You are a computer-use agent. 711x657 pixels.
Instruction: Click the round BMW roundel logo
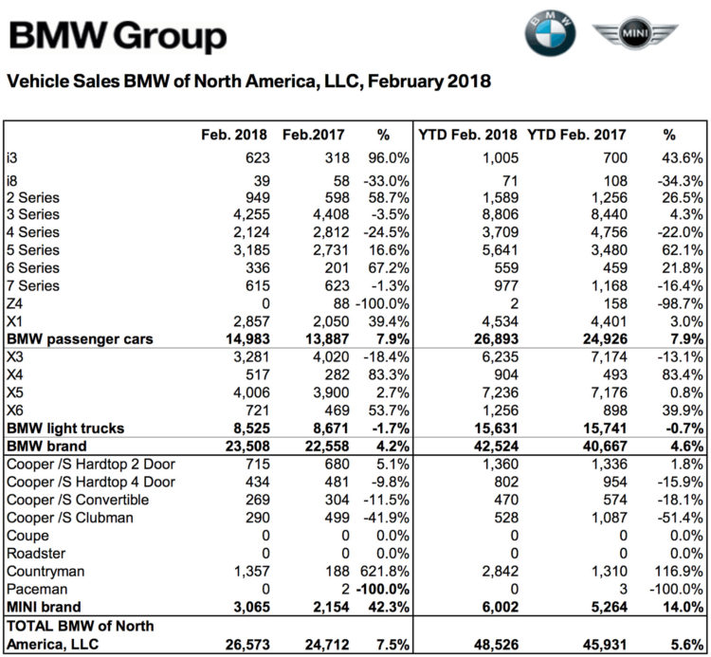click(x=550, y=32)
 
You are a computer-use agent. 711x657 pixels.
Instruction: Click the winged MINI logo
click(x=635, y=31)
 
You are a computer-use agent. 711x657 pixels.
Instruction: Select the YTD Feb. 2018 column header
click(x=467, y=135)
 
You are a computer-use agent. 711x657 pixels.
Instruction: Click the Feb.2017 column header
click(x=314, y=135)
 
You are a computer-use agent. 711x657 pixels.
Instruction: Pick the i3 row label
click(x=11, y=157)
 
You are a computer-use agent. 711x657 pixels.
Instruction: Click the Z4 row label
click(x=14, y=303)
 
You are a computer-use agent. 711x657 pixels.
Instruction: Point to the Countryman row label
click(x=46, y=572)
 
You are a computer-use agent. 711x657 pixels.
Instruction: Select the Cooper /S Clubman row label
click(x=70, y=518)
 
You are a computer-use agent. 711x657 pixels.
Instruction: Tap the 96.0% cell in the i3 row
click(x=388, y=157)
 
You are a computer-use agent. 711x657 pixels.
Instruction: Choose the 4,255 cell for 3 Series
click(x=251, y=214)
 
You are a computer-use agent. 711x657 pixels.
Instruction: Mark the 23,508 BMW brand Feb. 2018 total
click(x=247, y=447)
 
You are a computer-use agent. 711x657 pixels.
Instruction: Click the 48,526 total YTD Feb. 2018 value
click(x=496, y=645)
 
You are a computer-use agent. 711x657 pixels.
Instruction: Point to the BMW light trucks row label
click(x=65, y=428)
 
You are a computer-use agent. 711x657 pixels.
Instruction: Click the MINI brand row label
click(x=44, y=607)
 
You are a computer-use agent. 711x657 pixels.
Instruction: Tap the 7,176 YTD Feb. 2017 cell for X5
click(x=609, y=392)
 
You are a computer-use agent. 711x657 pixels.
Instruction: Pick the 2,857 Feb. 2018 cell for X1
click(x=251, y=321)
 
